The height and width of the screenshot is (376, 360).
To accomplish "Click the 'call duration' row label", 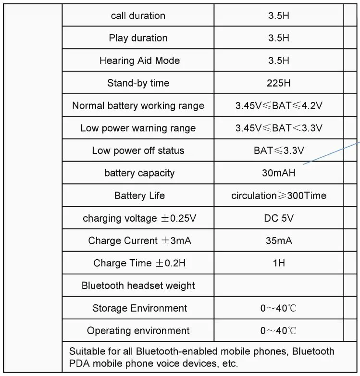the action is pos(138,16).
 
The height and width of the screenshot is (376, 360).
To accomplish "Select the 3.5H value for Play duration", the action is pos(279,38).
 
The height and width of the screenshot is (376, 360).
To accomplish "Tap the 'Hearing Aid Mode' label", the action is pos(139,61).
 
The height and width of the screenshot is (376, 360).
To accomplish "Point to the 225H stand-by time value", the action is pos(279,83).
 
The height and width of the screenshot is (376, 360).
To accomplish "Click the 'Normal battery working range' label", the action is pos(138,106).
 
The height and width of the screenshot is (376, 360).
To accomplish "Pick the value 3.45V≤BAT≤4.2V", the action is pos(279,106).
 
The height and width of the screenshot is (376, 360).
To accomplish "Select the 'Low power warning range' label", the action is pos(138,128).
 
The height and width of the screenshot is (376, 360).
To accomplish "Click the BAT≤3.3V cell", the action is pos(279,150).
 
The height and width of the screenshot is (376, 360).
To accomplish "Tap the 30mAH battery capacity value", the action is pos(279,173).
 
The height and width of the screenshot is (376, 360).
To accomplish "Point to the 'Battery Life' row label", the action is pos(139,196).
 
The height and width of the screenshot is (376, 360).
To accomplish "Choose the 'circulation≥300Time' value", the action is pos(279,196).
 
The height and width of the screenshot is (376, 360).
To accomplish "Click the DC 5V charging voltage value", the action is pos(279,218).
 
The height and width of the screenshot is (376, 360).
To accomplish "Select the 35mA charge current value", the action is pos(279,240).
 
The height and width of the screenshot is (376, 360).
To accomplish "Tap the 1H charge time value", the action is pos(279,263).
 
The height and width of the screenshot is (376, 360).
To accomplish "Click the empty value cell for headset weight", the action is pos(279,286).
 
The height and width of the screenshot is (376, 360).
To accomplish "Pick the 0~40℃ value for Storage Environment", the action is pos(279,308).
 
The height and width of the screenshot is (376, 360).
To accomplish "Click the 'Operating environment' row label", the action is pos(138,331).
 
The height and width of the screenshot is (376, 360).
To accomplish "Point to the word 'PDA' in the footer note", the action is pos(80,363).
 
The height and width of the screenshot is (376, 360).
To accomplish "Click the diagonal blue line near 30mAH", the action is pos(332,153).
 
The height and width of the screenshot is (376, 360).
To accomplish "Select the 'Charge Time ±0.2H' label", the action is pos(139,263).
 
